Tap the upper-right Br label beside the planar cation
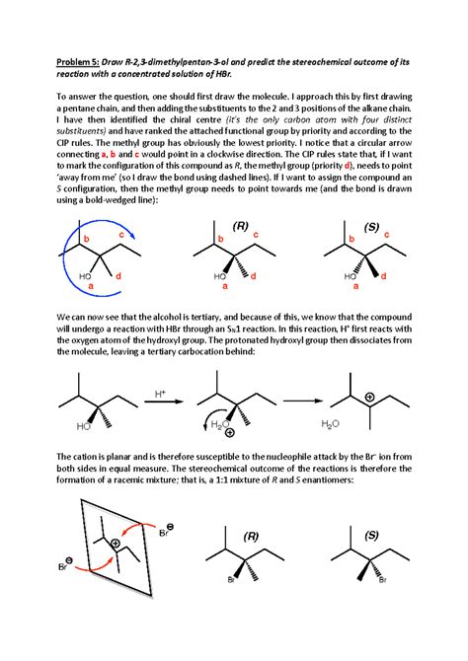pyautogui.click(x=167, y=534)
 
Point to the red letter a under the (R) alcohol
pyautogui.click(x=224, y=287)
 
